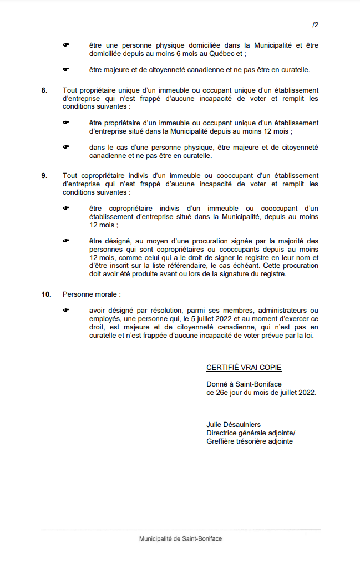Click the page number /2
pos(315,26)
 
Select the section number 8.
pos(44,90)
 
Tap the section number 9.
pos(44,176)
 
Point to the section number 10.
pos(46,294)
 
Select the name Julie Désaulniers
pos(234,425)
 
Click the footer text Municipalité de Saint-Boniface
pos(180,539)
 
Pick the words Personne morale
pos(91,294)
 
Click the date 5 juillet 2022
pos(212,319)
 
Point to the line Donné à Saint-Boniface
pos(244,384)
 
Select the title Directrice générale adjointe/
pos(251,433)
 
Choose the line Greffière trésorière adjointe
pos(250,441)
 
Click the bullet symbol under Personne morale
pos(65,311)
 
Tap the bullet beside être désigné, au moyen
pos(65,241)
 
